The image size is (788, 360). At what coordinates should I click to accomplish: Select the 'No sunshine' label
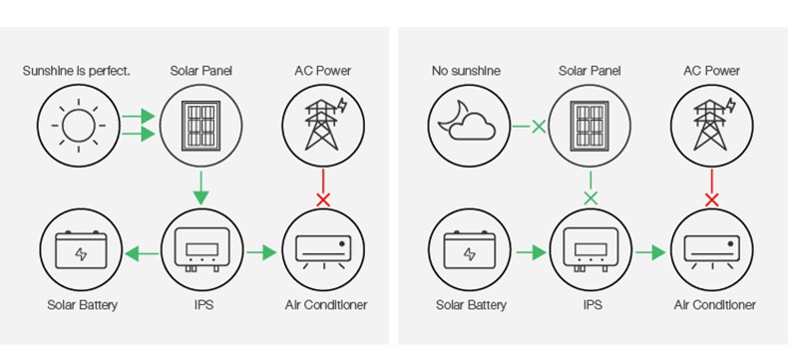(466, 71)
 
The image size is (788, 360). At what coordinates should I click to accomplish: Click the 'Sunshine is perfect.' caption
(77, 71)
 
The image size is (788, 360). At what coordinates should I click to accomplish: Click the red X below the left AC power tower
(322, 199)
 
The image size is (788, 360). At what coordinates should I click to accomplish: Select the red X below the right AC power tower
(712, 199)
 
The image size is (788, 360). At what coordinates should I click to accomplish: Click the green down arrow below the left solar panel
(200, 187)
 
